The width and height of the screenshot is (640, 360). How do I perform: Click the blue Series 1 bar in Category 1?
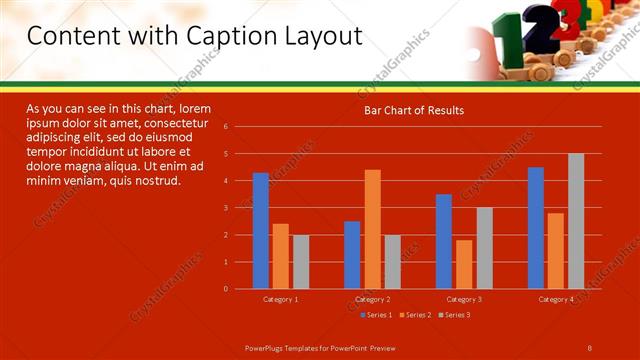tap(260, 231)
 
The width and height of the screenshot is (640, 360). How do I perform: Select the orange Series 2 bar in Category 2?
tap(372, 229)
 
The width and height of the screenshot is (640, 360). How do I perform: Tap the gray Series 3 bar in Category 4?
tap(576, 221)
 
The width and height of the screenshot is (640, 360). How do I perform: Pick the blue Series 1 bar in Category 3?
tap(444, 241)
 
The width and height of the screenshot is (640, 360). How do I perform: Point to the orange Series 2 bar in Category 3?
tap(464, 264)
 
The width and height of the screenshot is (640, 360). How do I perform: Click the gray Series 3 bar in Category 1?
tap(300, 262)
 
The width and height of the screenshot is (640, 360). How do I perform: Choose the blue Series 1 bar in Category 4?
tap(536, 228)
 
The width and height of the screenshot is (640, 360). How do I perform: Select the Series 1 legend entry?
tap(376, 315)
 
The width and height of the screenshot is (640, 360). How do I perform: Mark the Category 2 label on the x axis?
tap(372, 299)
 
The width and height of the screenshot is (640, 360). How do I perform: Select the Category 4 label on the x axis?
tap(556, 299)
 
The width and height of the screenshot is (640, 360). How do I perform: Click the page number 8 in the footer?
tap(590, 346)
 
